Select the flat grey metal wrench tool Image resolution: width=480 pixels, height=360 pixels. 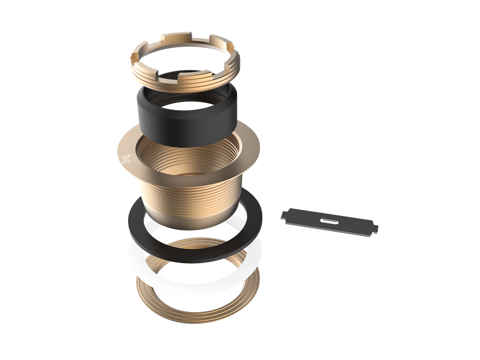click(329, 221)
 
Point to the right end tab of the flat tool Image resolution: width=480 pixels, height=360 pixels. click(375, 229)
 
